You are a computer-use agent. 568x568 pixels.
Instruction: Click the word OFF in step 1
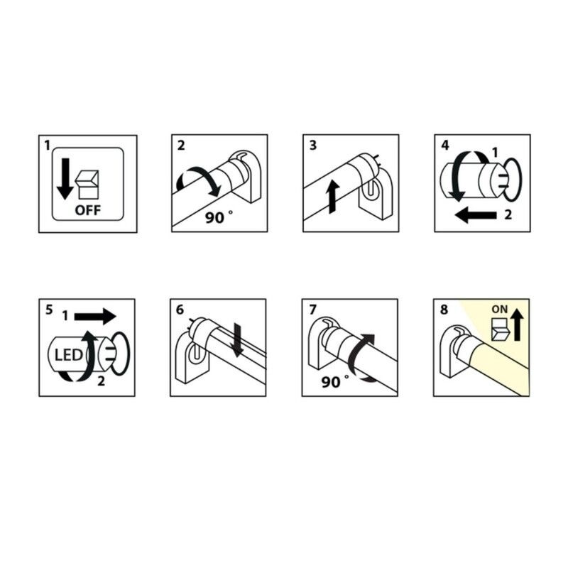point(87,210)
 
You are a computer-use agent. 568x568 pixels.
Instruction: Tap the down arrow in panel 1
point(65,179)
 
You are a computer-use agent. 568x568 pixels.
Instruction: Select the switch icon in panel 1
point(87,185)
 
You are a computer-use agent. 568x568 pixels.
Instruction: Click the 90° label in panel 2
point(219,217)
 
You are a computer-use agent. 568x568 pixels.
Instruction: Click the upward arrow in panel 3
point(333,197)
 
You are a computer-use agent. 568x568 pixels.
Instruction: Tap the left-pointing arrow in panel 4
point(476,215)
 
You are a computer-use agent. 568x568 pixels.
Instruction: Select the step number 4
point(445,146)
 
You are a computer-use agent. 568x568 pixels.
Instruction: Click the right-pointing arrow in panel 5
point(95,316)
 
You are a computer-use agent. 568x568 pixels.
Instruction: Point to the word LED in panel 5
point(68,356)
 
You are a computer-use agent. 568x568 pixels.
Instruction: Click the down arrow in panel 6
point(237,339)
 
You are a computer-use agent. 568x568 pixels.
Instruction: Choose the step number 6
point(180,310)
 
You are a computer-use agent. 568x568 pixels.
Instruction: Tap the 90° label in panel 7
point(334,382)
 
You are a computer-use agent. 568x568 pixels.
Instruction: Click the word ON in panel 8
point(500,310)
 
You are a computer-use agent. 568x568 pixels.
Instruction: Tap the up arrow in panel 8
point(517,326)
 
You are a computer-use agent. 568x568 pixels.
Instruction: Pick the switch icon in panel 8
point(501,329)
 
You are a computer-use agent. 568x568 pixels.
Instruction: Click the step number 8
point(444,310)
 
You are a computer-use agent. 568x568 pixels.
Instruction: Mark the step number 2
point(181,146)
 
